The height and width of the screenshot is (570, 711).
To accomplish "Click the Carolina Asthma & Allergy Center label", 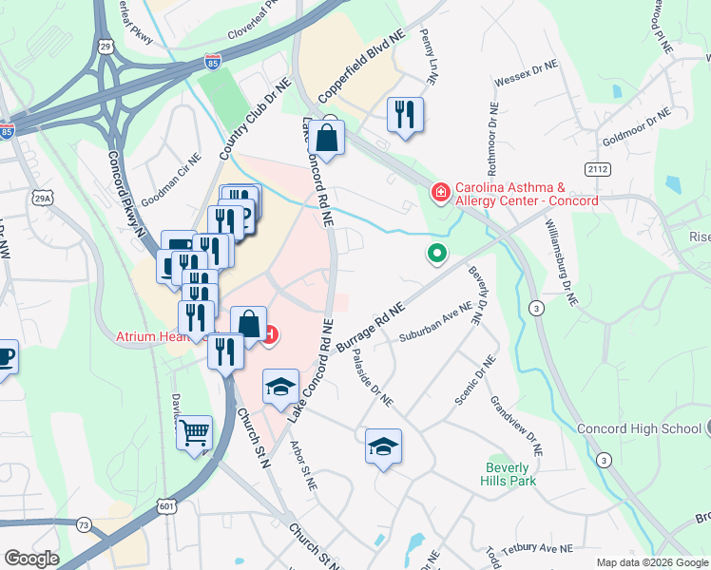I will click(527, 195).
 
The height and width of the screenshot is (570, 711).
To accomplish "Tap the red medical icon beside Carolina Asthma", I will click(440, 194).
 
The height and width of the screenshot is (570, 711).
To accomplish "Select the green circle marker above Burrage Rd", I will click(437, 253).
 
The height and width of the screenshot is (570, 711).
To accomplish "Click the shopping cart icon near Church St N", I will click(195, 433).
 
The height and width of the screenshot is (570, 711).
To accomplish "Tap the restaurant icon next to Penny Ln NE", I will click(405, 115).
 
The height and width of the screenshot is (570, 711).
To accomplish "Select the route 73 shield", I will click(84, 524).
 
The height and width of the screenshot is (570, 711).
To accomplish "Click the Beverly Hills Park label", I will click(510, 474).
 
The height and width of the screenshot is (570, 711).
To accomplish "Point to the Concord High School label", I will click(639, 429).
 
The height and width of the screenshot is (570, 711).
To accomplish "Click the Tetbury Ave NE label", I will click(539, 548).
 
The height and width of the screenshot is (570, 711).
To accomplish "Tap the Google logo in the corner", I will click(31, 559).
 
